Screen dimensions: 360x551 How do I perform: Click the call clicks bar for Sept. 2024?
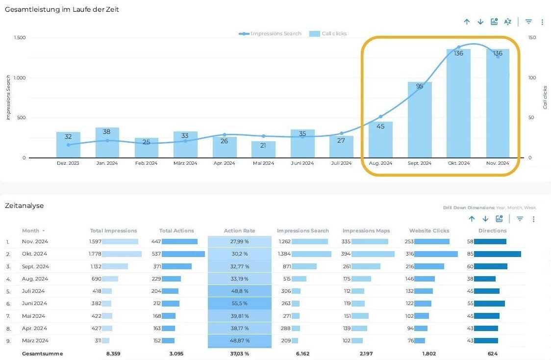coord(420,120)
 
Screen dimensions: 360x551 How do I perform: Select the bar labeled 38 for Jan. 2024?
coord(107,143)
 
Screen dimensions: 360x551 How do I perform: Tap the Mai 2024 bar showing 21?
coord(263,150)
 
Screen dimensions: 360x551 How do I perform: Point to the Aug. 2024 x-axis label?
coord(380,163)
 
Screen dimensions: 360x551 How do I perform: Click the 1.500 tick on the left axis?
coord(20,38)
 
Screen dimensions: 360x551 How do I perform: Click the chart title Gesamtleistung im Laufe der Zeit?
coord(62,10)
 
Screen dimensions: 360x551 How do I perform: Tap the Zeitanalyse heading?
coord(25,206)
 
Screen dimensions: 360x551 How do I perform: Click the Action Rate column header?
coord(239,231)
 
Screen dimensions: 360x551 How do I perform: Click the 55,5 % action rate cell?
coord(240,304)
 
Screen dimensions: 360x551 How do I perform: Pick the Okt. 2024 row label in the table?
coord(34,254)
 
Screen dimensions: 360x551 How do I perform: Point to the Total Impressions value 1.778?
coord(95,254)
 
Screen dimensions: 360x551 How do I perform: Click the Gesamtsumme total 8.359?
coord(114,354)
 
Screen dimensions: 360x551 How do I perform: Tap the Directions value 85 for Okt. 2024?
coord(470,254)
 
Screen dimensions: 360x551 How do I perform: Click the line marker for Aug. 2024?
coord(380,117)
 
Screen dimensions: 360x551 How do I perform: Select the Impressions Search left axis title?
coord(8,97)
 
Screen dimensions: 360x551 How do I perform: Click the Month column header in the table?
coord(30,231)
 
